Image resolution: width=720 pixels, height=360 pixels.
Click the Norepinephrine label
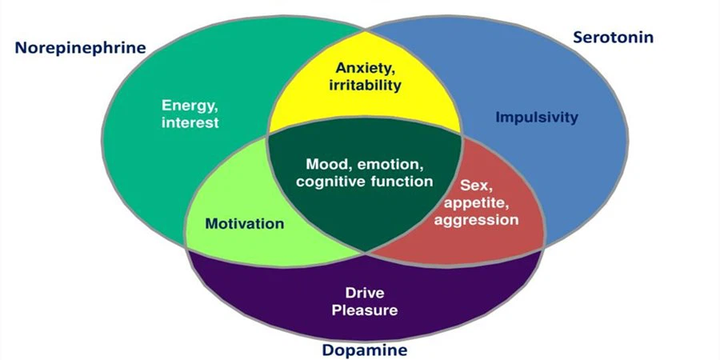point(80,47)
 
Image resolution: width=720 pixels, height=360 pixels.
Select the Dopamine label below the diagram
point(365,350)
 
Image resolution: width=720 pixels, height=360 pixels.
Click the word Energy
point(189,106)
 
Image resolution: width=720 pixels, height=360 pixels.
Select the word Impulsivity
point(536,118)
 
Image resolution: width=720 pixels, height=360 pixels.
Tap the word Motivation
point(244,223)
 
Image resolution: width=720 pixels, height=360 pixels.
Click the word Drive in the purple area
point(366,292)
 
